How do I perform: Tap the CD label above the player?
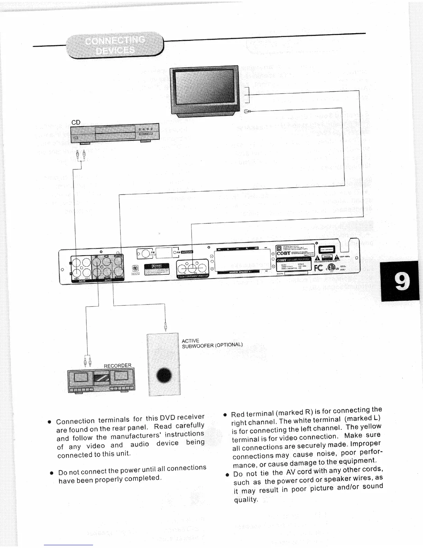(x=76, y=122)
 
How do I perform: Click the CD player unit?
(x=115, y=133)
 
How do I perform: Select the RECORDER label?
(x=117, y=366)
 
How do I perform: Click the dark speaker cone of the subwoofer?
(x=164, y=376)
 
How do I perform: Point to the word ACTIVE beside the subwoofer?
(x=190, y=341)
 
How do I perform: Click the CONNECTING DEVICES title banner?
(x=115, y=45)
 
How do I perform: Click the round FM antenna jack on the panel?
(x=145, y=254)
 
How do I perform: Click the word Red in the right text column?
(x=238, y=414)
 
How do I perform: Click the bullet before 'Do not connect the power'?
(x=51, y=472)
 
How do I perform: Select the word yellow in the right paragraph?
(x=371, y=427)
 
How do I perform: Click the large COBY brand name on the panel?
(x=284, y=253)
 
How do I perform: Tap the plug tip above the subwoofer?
(x=166, y=325)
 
